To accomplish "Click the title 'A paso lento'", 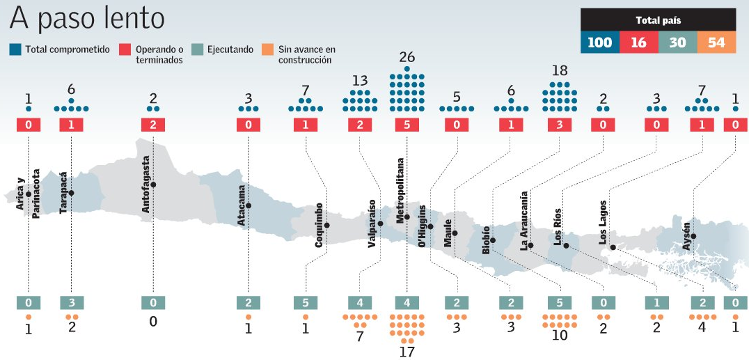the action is pos(88,18).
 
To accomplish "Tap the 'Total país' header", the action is pos(659,20).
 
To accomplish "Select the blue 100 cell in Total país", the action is pos(599,42).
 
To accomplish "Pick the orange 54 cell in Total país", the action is pos(716,42).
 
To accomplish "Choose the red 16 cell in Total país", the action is pos(638,42).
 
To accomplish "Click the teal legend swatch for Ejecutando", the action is pos(197,49).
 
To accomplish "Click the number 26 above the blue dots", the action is pos(407,57).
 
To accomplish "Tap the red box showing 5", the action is pos(407,125).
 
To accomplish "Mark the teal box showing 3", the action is pos(72,303).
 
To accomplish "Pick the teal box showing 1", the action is pos(657,303).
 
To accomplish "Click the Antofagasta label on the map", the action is pos(145,185).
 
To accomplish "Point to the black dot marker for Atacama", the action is pos(249,205).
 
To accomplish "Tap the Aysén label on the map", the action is pos(686,234).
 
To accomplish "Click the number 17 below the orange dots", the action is pos(407,352).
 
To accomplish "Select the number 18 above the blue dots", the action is pos(560,71).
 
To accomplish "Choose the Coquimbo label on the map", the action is pos(319,226).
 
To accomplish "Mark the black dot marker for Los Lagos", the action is pos(613,247).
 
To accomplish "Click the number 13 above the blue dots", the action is pos(359,79).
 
